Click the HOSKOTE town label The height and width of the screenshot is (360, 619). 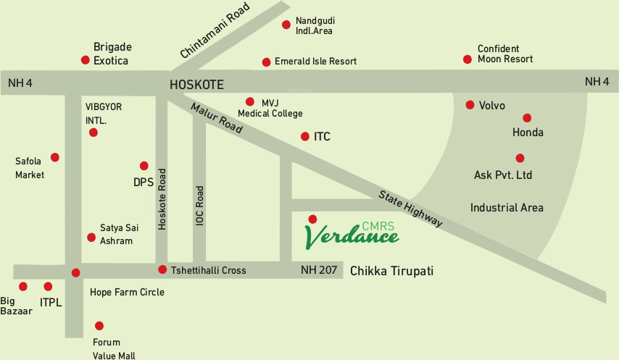(x=196, y=84)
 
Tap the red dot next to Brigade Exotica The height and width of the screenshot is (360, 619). (x=86, y=59)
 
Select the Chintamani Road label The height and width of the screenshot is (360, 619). (x=215, y=31)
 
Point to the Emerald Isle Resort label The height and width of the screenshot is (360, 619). (x=315, y=62)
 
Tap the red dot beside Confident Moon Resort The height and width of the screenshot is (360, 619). (x=468, y=59)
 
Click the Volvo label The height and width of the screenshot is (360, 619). (x=491, y=106)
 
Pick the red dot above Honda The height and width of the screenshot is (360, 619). (x=527, y=117)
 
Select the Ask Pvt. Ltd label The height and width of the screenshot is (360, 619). (x=503, y=175)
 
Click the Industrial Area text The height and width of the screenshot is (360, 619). (x=507, y=208)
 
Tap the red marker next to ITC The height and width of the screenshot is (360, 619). (x=304, y=136)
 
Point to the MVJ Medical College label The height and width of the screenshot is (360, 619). (x=270, y=108)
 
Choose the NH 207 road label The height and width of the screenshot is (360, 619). (x=319, y=270)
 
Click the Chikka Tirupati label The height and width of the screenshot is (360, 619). (x=391, y=271)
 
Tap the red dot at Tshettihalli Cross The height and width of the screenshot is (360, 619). (x=162, y=269)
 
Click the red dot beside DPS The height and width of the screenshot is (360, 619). (x=144, y=166)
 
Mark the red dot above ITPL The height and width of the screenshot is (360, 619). (x=48, y=287)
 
